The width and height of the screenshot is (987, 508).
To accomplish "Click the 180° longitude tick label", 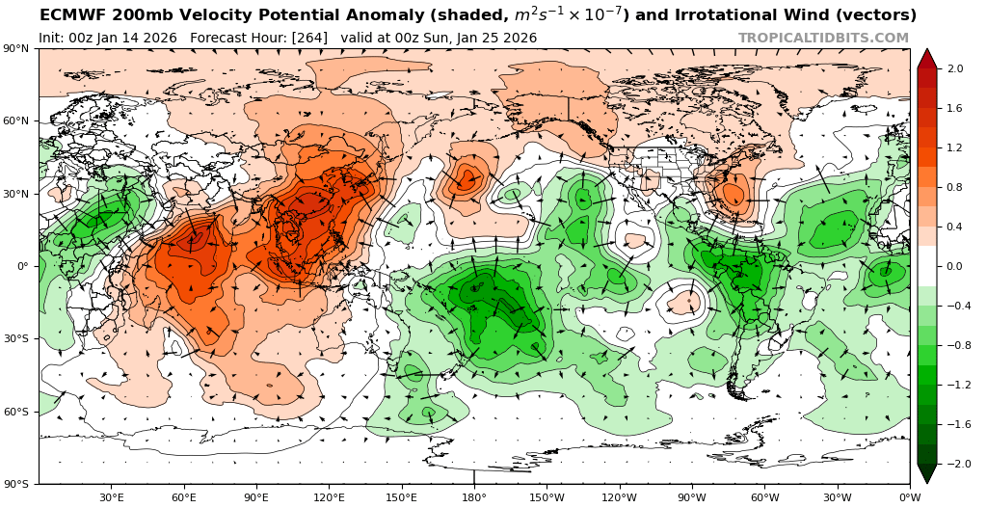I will (474, 497).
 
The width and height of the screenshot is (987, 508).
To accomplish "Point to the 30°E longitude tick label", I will (112, 497).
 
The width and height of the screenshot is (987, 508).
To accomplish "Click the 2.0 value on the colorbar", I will (956, 68).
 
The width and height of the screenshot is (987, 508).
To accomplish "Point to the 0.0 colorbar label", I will (956, 266).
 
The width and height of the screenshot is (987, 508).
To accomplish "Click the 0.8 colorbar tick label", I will (956, 187).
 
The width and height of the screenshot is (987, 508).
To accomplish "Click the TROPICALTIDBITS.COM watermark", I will (823, 38).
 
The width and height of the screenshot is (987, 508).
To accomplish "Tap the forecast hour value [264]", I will (310, 38).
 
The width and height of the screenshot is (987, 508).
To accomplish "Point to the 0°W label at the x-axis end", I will (909, 497).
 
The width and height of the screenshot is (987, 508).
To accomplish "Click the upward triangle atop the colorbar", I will (927, 58).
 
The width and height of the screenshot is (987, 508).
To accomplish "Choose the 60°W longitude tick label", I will (764, 497).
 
